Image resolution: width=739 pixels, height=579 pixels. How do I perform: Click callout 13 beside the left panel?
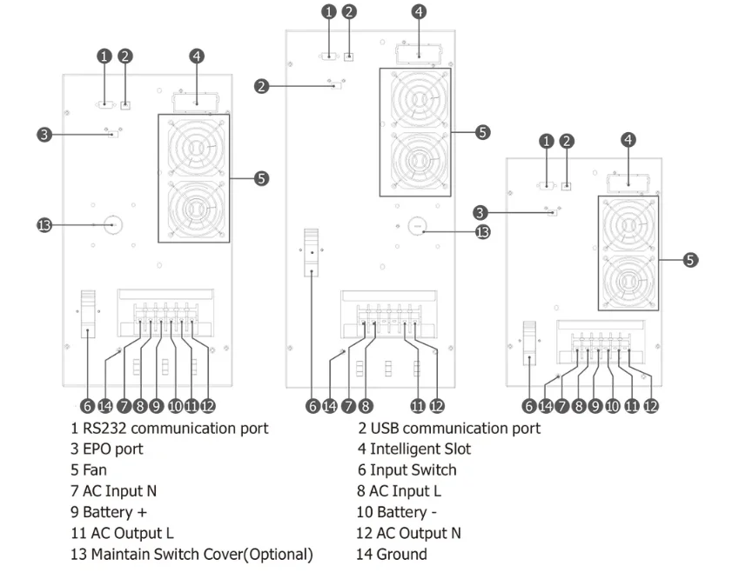44,225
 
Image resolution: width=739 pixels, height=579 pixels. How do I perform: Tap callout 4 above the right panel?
628,140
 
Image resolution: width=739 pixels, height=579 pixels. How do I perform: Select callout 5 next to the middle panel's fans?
482,132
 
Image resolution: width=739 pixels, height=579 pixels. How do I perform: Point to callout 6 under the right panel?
529,406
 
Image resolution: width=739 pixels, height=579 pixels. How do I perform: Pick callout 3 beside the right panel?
480,212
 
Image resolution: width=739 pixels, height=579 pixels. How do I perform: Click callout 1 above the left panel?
104,57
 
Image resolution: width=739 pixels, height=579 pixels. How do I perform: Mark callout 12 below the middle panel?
437,406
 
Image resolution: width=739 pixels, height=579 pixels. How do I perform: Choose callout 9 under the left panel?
156,406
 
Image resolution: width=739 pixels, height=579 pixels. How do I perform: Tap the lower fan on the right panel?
628,282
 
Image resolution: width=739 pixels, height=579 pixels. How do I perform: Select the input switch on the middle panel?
311,252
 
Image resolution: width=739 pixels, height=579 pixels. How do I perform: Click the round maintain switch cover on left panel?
112,225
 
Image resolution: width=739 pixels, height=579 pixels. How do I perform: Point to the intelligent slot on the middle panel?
419,54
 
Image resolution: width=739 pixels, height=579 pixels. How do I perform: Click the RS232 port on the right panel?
547,185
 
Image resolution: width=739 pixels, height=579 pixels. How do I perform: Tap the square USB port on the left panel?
125,105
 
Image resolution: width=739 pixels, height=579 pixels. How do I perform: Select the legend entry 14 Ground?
392,554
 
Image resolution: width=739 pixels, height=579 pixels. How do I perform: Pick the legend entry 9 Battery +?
109,512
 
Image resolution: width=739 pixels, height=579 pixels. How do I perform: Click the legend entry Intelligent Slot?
420,449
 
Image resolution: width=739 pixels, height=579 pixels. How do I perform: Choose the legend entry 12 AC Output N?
408,533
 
